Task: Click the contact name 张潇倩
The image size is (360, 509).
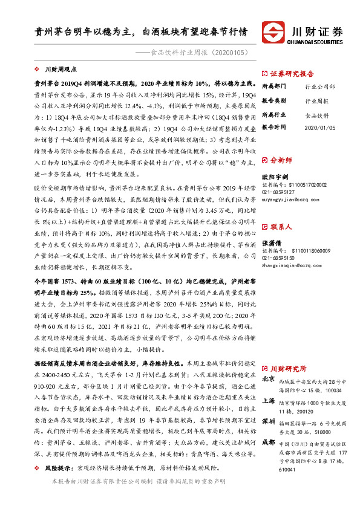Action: [x=270, y=242]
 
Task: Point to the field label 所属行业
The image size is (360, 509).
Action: [x=273, y=114]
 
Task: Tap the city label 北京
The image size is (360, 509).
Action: [x=269, y=378]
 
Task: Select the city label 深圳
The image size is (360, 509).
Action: [x=269, y=420]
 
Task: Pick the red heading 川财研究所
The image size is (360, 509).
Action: [x=289, y=368]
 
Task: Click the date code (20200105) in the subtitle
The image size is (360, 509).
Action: [x=229, y=53]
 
